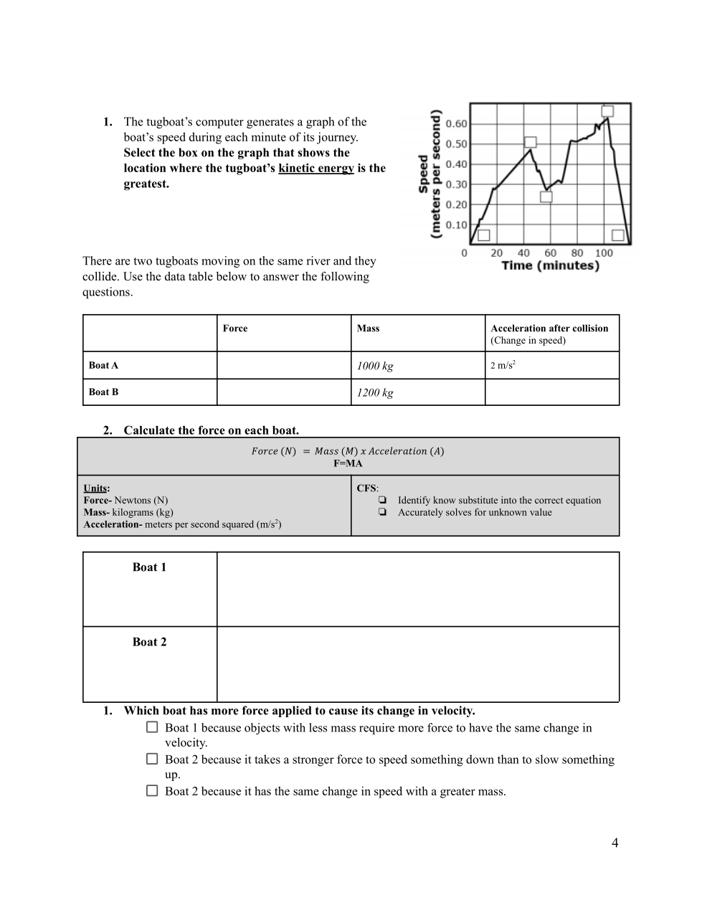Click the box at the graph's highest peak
click(x=607, y=111)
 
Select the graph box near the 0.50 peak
click(x=530, y=143)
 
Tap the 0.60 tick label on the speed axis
click(x=456, y=124)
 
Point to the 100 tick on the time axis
click(x=604, y=253)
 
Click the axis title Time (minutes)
click(x=550, y=265)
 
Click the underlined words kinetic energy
click(x=316, y=169)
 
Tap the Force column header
click(x=235, y=328)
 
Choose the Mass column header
click(x=368, y=328)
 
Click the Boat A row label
click(x=103, y=365)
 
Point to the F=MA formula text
click(x=348, y=463)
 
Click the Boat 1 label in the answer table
click(x=149, y=567)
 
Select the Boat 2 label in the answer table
click(x=149, y=642)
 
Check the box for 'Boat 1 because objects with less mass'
click(x=152, y=727)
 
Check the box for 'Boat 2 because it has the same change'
click(x=152, y=790)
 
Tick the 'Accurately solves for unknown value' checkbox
click(x=382, y=512)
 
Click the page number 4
click(x=615, y=843)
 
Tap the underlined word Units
click(x=96, y=488)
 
